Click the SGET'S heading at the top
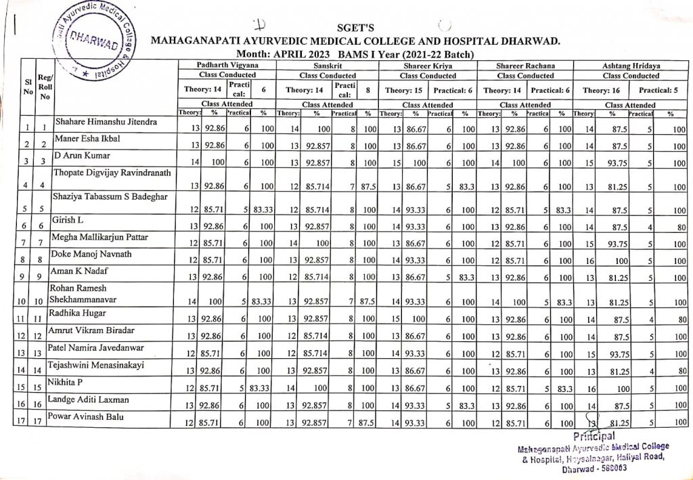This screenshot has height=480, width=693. coord(355,26)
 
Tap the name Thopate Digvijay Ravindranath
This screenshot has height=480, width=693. coord(113,173)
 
